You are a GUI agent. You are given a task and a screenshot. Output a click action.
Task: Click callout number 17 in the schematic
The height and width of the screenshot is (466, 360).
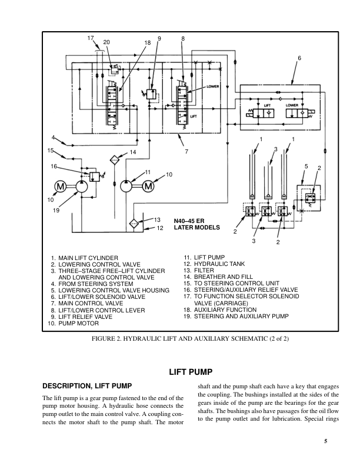pyautogui.click(x=91, y=38)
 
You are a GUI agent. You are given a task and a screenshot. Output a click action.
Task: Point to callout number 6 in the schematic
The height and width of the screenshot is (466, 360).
pyautogui.click(x=299, y=58)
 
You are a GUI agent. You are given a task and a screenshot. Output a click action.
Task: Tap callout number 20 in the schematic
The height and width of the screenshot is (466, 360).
pyautogui.click(x=106, y=42)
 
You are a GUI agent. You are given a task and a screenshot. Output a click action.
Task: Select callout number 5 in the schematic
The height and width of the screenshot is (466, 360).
pyautogui.click(x=306, y=167)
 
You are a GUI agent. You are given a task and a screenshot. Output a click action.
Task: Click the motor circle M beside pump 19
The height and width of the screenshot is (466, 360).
pyautogui.click(x=61, y=187)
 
